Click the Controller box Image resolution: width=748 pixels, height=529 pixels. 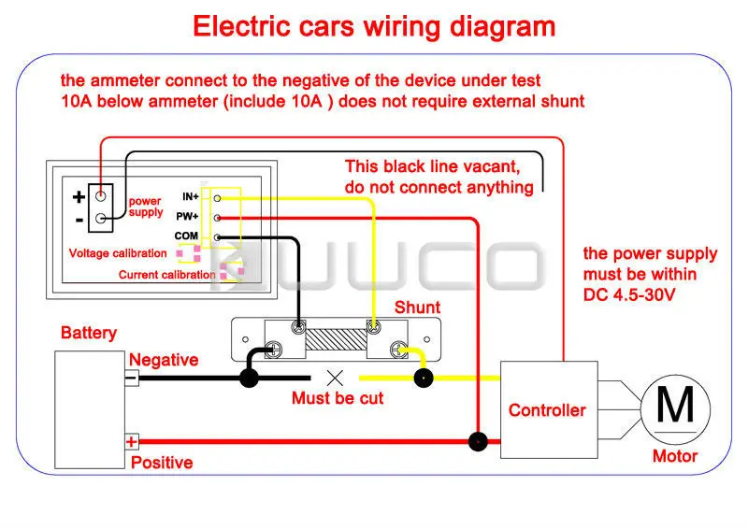549,409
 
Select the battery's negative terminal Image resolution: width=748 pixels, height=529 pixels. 132,378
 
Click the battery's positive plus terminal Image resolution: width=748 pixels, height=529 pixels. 132,442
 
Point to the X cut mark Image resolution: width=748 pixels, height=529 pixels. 335,379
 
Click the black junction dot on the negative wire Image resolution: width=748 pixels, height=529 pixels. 249,379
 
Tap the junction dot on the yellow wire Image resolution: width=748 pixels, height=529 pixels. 424,379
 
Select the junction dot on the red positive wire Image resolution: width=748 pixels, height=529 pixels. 478,442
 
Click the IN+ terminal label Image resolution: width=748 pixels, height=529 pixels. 191,196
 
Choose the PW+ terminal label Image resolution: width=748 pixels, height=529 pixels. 187,217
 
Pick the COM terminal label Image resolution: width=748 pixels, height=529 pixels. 186,236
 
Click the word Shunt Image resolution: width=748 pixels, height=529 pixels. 417,307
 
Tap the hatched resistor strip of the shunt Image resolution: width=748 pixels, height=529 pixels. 336,339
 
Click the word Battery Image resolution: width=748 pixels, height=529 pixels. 89,333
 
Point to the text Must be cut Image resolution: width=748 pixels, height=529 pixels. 338,398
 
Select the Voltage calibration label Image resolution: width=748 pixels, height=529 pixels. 118,252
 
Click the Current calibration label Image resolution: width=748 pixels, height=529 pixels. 167,275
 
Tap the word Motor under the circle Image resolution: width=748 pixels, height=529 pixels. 674,456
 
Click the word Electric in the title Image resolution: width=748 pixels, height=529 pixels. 241,26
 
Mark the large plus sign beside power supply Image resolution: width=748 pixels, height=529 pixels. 79,196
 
